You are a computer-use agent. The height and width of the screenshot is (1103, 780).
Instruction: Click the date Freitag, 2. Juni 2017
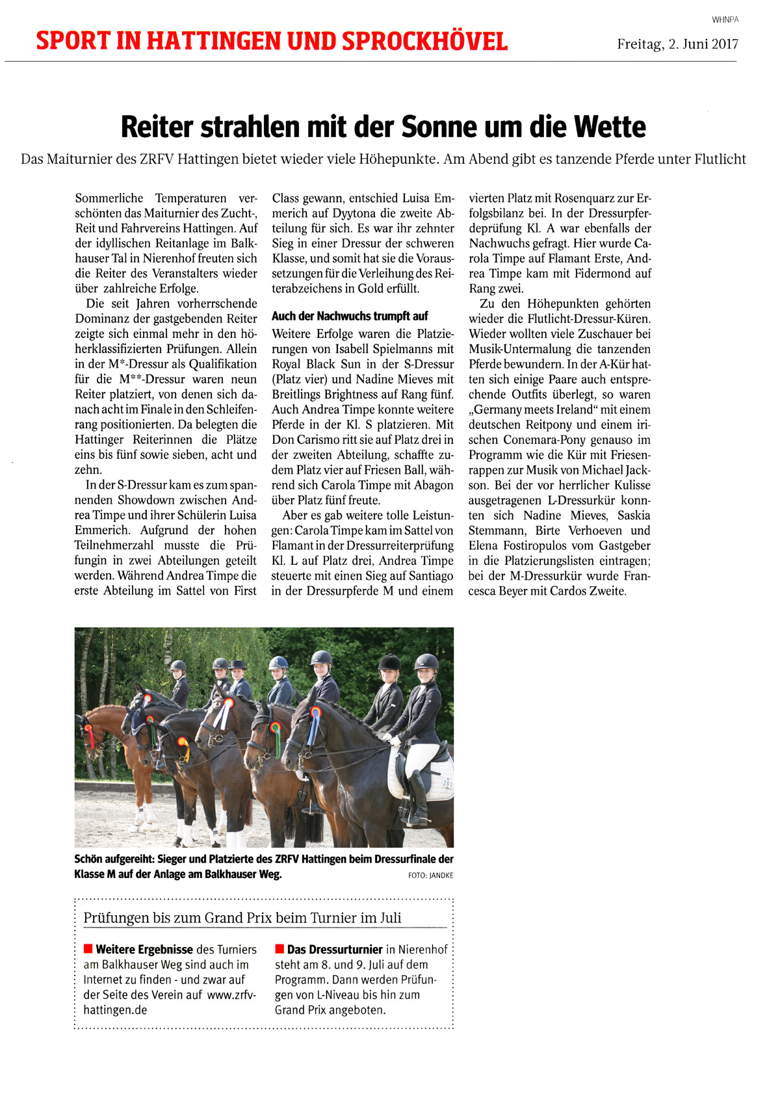[677, 44]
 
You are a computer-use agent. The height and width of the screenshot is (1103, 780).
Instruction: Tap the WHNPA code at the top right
[725, 19]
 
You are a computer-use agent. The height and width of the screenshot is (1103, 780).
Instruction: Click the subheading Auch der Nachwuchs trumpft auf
[350, 317]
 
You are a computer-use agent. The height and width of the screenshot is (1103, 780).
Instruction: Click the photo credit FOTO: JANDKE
[430, 876]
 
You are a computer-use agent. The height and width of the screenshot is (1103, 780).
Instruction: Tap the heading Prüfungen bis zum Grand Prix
[242, 918]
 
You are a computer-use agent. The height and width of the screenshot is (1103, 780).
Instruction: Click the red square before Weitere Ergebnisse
[88, 949]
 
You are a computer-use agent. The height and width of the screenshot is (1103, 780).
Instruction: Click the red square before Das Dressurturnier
[279, 949]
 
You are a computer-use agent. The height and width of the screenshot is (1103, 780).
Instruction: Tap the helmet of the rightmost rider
[426, 662]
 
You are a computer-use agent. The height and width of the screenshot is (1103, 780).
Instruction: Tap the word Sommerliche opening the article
[109, 198]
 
